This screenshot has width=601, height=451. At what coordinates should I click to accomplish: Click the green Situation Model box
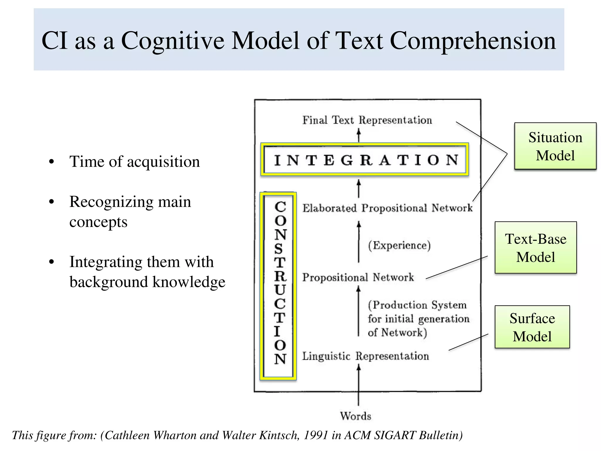(x=555, y=146)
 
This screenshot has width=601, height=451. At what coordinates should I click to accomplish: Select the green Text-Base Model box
(x=536, y=248)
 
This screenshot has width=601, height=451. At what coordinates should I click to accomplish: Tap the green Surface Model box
(x=532, y=327)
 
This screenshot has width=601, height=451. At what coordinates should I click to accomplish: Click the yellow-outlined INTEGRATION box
(x=364, y=159)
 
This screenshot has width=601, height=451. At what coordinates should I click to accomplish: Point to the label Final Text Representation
(x=367, y=120)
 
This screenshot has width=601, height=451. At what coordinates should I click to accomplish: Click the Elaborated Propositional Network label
(x=387, y=208)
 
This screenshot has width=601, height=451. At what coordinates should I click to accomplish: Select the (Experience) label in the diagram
(x=399, y=245)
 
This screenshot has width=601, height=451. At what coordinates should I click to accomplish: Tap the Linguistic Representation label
(x=365, y=356)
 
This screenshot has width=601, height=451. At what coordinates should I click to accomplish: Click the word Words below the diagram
(x=355, y=416)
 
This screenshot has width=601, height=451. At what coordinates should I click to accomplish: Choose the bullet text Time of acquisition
(x=134, y=161)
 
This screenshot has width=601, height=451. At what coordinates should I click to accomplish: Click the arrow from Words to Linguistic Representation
(x=358, y=385)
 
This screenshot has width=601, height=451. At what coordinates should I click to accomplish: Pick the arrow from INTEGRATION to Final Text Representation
(x=358, y=136)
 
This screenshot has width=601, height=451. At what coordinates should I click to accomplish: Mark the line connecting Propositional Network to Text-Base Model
(x=456, y=267)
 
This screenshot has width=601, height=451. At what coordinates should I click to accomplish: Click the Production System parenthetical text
(x=418, y=319)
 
